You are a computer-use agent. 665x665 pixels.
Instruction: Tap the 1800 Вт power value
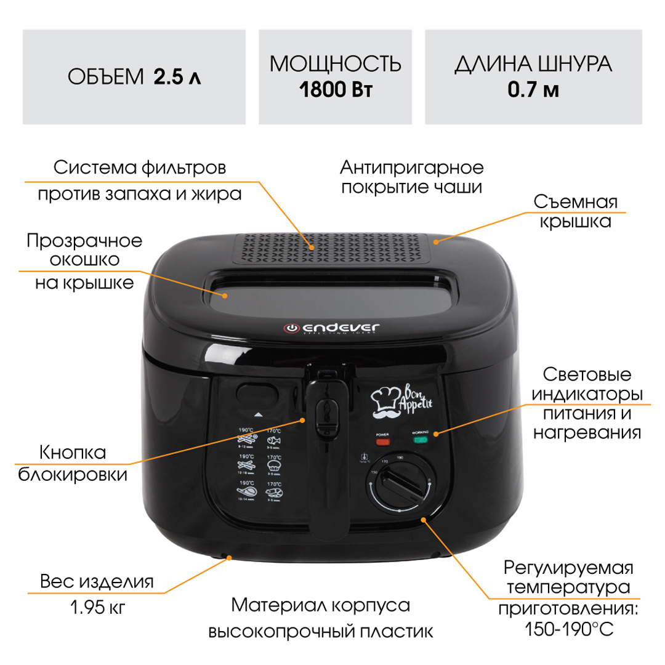pyautogui.click(x=336, y=91)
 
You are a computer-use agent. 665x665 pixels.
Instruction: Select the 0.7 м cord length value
pyautogui.click(x=533, y=91)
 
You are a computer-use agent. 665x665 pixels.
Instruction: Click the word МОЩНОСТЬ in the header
pyautogui.click(x=336, y=64)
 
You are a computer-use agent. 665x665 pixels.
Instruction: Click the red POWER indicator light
pyautogui.click(x=383, y=441)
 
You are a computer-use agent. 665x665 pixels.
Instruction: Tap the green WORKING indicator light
pyautogui.click(x=421, y=441)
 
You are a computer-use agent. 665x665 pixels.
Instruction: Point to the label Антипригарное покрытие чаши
pyautogui.click(x=411, y=177)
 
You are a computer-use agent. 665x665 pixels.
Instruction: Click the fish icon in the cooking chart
pyautogui.click(x=272, y=442)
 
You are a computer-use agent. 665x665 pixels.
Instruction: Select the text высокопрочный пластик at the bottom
pyautogui.click(x=320, y=632)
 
